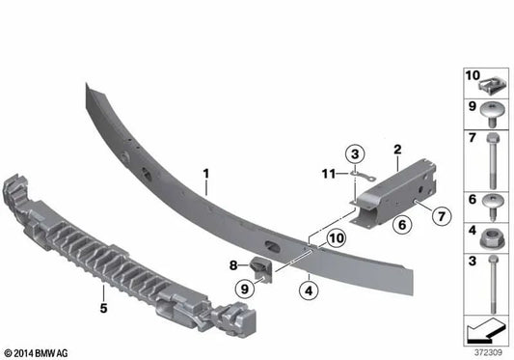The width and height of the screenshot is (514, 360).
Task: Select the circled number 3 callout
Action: [355, 153]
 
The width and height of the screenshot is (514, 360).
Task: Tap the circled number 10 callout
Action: [335, 236]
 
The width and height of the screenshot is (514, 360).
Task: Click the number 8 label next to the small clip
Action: [232, 263]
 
